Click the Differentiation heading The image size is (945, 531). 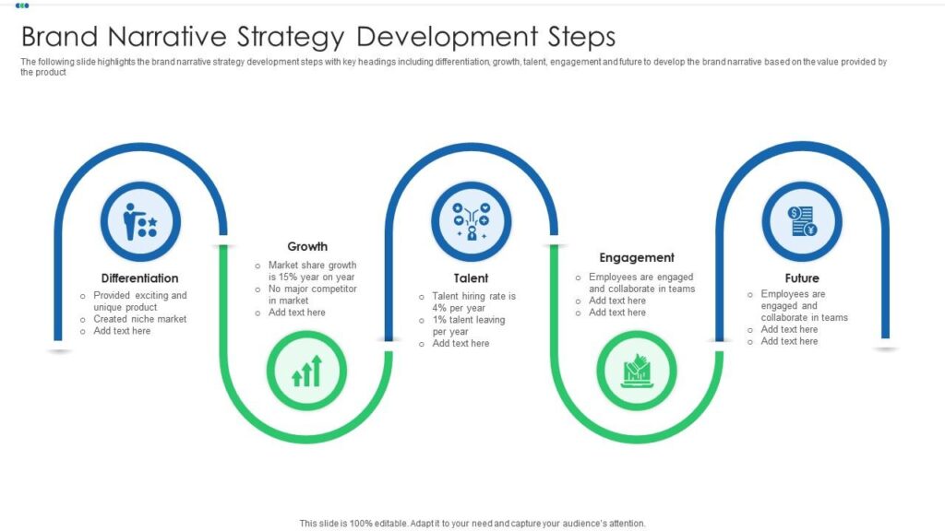tap(140, 278)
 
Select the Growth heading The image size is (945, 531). tap(307, 247)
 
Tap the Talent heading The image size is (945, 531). tap(471, 278)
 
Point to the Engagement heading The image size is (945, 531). tap(637, 258)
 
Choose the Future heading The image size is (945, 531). tap(802, 278)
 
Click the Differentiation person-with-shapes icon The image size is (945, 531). tap(140, 221)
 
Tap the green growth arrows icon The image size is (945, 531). tap(306, 372)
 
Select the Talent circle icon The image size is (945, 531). tap(471, 221)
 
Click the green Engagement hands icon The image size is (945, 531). tap(637, 371)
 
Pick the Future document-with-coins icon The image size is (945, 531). tap(802, 221)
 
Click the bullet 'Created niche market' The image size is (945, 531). tap(139, 319)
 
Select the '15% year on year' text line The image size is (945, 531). tap(311, 277)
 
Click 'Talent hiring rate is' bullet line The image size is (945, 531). tap(473, 297)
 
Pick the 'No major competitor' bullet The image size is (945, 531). tap(312, 289)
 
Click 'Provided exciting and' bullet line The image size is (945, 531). tap(139, 296)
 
